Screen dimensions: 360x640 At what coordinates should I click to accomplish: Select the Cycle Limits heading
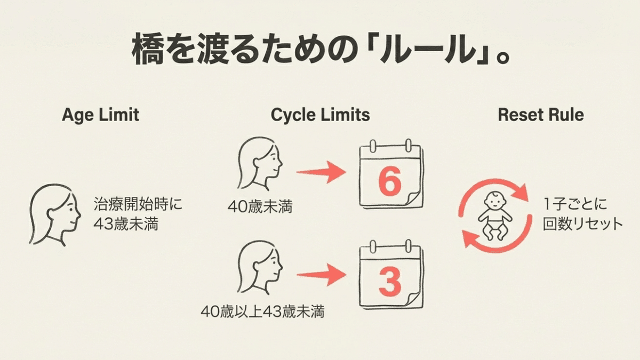[320, 115]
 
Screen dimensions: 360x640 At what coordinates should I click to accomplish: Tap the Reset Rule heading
[540, 115]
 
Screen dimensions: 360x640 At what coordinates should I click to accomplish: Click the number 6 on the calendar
[389, 182]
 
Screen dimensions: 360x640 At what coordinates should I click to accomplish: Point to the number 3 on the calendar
[390, 282]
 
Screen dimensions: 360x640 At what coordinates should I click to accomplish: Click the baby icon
[494, 215]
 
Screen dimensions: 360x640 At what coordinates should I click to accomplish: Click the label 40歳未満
[260, 206]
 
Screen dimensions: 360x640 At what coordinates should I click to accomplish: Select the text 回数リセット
[583, 224]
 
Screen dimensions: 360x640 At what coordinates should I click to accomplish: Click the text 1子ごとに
[569, 204]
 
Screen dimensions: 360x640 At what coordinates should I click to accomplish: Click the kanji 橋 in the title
[150, 51]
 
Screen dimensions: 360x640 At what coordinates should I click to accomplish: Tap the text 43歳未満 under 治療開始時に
[125, 225]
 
